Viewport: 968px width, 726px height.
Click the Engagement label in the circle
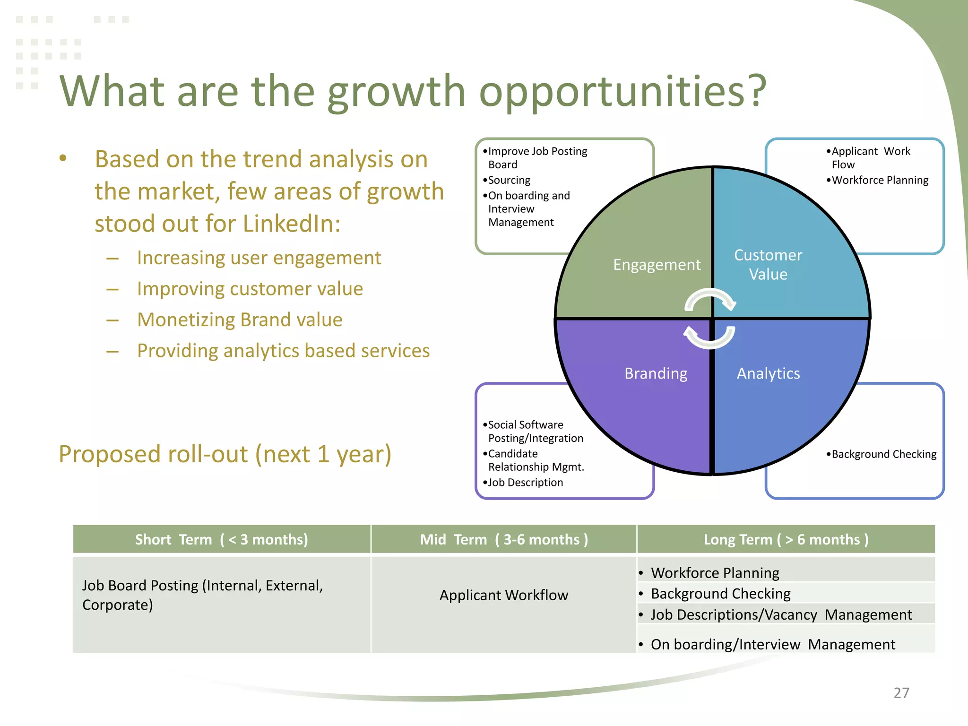pos(657,265)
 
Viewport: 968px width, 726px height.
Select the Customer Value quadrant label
pos(768,265)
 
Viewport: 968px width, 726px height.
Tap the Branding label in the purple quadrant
pos(656,373)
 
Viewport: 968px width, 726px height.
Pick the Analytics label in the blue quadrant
pos(768,373)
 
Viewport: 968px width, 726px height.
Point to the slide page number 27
pos(901,693)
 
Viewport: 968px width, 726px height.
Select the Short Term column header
pos(221,539)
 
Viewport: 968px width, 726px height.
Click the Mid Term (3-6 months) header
pos(504,539)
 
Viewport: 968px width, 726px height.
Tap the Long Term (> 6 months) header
pos(786,539)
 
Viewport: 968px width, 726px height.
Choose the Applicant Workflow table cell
pos(504,595)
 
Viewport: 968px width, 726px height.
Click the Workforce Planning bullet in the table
pos(715,573)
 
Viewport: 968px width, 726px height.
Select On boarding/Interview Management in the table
pos(772,644)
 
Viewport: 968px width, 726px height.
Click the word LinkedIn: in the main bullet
pos(292,224)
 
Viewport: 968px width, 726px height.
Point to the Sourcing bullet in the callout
pos(509,180)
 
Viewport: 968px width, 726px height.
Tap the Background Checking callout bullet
pos(883,454)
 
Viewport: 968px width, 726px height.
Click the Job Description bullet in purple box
pos(525,483)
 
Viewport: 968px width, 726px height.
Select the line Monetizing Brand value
pos(240,320)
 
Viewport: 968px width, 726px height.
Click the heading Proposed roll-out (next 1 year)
pos(225,454)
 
